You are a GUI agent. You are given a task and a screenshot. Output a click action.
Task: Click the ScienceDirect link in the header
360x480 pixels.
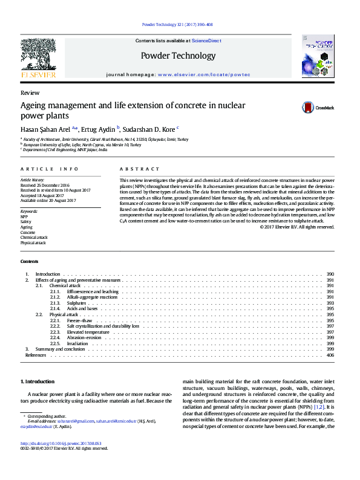pyautogui.click(x=206, y=41)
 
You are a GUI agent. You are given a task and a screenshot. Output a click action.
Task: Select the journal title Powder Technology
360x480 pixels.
pyautogui.click(x=178, y=56)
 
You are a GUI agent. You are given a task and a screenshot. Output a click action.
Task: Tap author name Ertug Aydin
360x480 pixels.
pyautogui.click(x=100, y=129)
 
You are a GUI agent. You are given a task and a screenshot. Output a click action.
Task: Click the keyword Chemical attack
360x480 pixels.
pyautogui.click(x=33, y=238)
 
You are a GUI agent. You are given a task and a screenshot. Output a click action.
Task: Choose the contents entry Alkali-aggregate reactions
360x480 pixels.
pyautogui.click(x=92, y=297)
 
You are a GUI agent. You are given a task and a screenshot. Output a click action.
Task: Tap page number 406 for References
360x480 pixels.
pyautogui.click(x=330, y=355)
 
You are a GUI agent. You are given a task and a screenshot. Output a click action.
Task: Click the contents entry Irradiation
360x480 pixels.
pyautogui.click(x=77, y=343)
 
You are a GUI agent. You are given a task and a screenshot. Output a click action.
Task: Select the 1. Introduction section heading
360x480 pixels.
pyautogui.click(x=38, y=382)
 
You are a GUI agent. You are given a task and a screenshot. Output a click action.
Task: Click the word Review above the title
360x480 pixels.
pyautogui.click(x=30, y=93)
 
